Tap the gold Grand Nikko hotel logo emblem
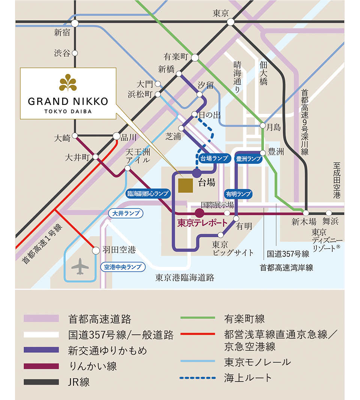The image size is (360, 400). click(68, 83)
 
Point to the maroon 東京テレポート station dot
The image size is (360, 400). click(199, 213)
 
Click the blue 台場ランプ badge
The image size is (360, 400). click(214, 158)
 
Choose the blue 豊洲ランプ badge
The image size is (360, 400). click(248, 159)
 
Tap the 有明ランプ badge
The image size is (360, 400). click(238, 194)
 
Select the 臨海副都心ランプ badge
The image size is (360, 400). click(148, 193)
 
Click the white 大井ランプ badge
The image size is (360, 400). click(126, 213)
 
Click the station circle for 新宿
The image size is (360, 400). click(75, 23)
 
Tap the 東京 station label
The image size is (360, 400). click(220, 13)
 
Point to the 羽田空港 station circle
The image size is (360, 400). click(95, 249)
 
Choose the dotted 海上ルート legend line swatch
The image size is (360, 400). click(197, 377)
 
